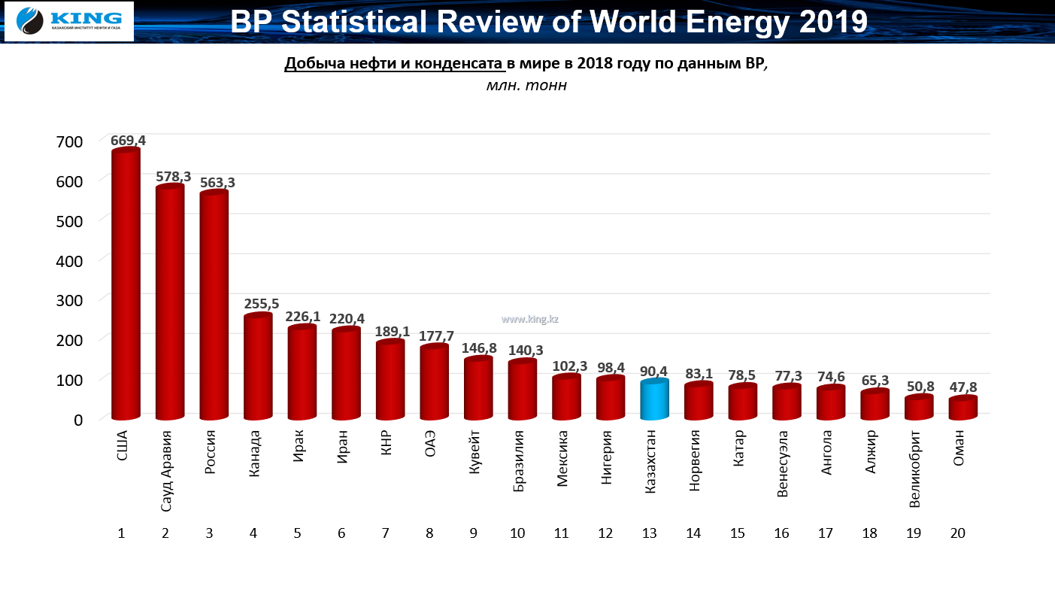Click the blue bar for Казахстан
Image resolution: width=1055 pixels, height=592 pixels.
pos(654,400)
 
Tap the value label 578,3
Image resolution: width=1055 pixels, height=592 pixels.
pos(174,177)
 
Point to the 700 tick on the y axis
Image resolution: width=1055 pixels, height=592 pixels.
pos(69,141)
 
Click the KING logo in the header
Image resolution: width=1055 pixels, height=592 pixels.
pos(69,21)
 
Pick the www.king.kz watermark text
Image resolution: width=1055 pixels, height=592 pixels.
pos(530,319)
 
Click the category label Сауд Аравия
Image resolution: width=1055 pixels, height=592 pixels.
pos(167,471)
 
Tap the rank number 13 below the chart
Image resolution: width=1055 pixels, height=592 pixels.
pos(650,533)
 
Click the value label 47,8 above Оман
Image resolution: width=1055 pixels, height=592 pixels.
pos(963,387)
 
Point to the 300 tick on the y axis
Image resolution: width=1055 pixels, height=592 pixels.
pos(69,299)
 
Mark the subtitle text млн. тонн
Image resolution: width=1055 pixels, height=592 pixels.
pos(526,86)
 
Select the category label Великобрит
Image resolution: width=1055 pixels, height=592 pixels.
pos(914,468)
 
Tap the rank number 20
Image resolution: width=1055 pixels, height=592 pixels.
pos(957,533)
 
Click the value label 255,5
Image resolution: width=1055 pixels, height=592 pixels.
pos(262,305)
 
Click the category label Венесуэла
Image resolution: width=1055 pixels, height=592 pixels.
pos(783,464)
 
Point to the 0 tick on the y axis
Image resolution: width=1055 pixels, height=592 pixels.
pos(77,419)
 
